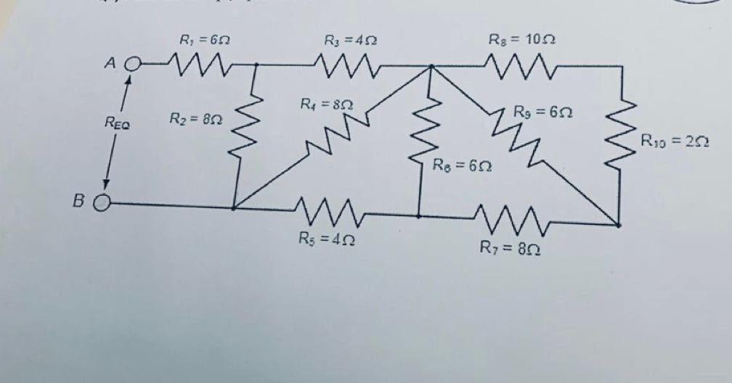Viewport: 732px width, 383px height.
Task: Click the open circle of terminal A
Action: tap(131, 65)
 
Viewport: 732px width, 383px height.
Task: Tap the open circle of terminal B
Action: tap(102, 203)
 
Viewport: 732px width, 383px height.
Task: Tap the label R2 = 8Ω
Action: tap(195, 118)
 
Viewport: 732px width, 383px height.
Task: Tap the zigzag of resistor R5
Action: tap(327, 212)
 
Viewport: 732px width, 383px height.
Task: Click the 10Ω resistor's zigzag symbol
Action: tap(520, 68)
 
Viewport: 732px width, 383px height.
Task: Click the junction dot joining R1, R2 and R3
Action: tap(256, 65)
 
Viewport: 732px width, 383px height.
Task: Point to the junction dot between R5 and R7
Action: tap(418, 216)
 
